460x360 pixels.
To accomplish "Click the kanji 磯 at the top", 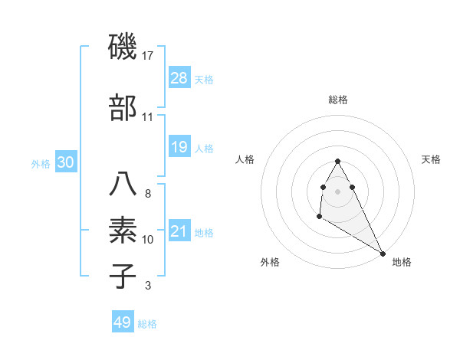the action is pyautogui.click(x=123, y=48).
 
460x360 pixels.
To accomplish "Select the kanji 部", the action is pyautogui.click(x=123, y=107).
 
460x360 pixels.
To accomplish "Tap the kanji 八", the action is pyautogui.click(x=123, y=184).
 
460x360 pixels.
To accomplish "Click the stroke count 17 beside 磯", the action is pyautogui.click(x=149, y=56).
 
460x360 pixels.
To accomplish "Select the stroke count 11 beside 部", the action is pyautogui.click(x=148, y=117).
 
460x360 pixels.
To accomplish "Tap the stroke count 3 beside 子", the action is pyautogui.click(x=147, y=286).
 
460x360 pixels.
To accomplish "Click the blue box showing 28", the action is pyautogui.click(x=179, y=77).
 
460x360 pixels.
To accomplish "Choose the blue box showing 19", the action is pyautogui.click(x=179, y=146).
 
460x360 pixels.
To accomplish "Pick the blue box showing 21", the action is pyautogui.click(x=179, y=231).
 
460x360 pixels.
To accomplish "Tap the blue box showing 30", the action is pyautogui.click(x=65, y=162).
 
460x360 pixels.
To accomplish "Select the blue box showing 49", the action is pyautogui.click(x=122, y=322).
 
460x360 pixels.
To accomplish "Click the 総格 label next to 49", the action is pyautogui.click(x=148, y=324).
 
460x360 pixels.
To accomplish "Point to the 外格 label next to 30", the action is pyautogui.click(x=41, y=163).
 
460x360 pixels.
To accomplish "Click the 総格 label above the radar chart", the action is pyautogui.click(x=338, y=100).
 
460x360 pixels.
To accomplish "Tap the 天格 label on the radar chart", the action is pyautogui.click(x=432, y=159).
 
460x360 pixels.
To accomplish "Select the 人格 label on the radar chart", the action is pyautogui.click(x=245, y=159).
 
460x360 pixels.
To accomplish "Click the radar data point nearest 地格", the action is pyautogui.click(x=383, y=254).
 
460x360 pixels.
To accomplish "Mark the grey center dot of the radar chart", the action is pyautogui.click(x=338, y=191).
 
